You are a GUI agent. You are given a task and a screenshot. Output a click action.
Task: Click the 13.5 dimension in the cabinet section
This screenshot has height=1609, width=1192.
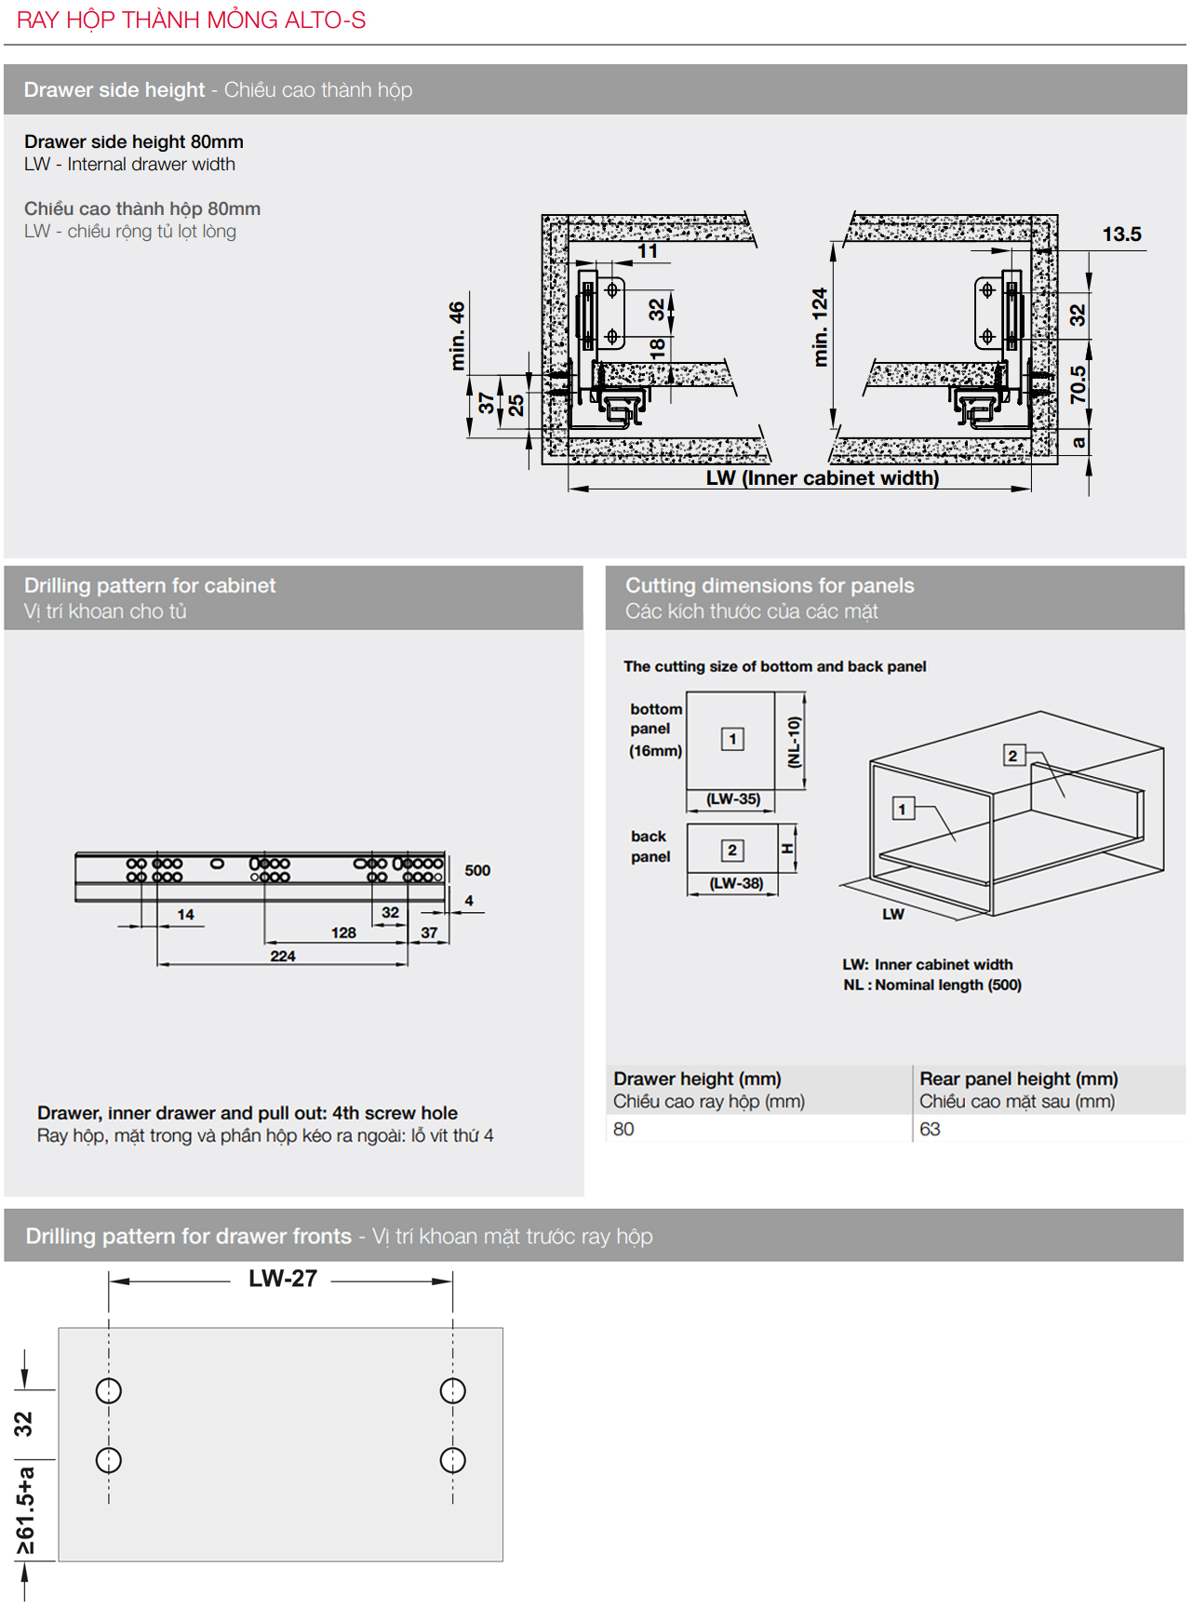point(1121,235)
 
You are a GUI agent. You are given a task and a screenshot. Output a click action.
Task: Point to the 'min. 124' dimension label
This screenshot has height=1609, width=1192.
point(820,327)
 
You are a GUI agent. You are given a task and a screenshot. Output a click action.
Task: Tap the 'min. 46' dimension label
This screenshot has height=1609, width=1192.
point(457,335)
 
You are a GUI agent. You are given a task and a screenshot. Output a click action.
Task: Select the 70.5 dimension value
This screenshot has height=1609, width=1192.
point(1078,384)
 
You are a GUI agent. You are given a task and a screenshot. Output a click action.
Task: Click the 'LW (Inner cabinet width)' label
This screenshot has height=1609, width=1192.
point(822,478)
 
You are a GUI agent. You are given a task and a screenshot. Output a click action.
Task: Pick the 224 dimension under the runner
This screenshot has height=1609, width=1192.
point(283,956)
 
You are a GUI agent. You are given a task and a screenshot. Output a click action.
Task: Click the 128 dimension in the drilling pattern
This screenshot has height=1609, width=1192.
point(343,932)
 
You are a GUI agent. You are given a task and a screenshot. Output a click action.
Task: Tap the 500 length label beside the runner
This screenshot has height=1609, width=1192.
point(477,870)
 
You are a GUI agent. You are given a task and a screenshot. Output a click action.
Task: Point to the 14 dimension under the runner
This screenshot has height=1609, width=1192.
point(186,915)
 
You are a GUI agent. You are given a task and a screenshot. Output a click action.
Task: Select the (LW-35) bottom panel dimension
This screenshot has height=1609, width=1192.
point(733,798)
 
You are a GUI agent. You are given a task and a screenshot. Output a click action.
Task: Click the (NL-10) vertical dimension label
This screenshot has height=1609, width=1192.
point(794,742)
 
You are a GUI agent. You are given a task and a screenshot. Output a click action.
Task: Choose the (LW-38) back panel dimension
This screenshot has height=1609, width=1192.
point(736,882)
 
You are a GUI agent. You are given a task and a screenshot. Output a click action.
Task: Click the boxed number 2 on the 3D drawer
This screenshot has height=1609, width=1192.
point(1012,756)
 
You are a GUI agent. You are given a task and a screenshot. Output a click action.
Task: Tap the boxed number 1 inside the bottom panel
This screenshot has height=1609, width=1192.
point(732,739)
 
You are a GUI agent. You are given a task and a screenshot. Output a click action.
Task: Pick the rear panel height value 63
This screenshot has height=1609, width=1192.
point(930,1129)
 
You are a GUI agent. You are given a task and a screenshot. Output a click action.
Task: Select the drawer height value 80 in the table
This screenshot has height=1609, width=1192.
point(623,1129)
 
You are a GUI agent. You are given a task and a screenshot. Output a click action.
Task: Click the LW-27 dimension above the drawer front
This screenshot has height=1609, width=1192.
point(283,1279)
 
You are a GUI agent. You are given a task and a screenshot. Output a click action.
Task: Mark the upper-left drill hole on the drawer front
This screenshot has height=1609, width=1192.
point(109,1390)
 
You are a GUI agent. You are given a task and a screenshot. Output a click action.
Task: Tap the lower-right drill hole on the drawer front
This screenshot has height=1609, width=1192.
point(452,1460)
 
